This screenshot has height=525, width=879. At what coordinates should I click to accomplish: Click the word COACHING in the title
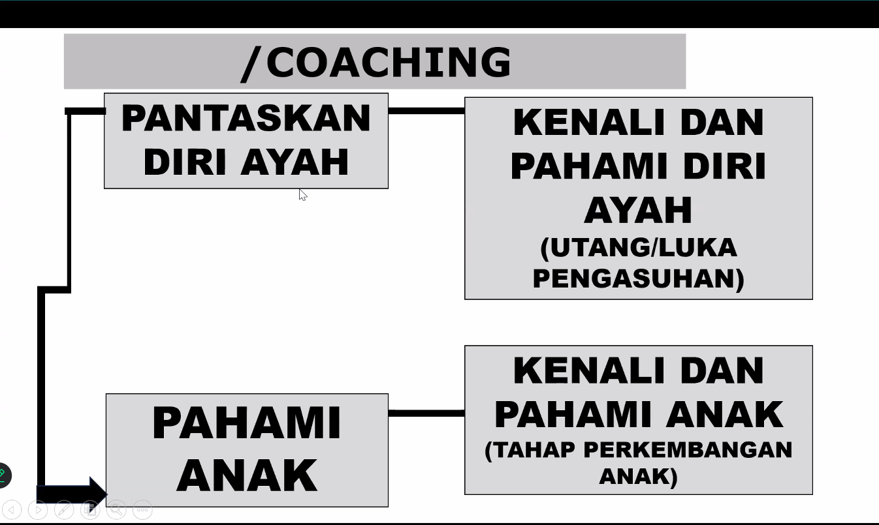pos(389,63)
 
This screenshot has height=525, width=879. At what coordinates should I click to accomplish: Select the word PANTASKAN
pos(246,119)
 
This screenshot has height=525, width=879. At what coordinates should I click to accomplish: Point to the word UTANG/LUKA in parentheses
pos(639,248)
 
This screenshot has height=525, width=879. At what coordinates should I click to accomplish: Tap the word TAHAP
pos(530,450)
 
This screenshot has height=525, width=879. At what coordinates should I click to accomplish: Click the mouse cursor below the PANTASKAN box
pos(302,194)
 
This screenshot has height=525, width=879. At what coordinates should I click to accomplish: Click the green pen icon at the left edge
pos(3,475)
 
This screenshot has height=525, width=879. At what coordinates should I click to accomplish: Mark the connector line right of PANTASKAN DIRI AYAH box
pos(426,111)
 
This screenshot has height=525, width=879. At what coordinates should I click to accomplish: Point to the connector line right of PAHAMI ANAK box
pos(426,413)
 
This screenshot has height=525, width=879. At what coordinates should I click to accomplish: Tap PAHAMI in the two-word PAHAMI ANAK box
pos(246,423)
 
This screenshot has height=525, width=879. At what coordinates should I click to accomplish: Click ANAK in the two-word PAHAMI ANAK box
pos(246,475)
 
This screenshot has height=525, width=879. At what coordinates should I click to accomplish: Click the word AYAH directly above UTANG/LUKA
pos(638,210)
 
